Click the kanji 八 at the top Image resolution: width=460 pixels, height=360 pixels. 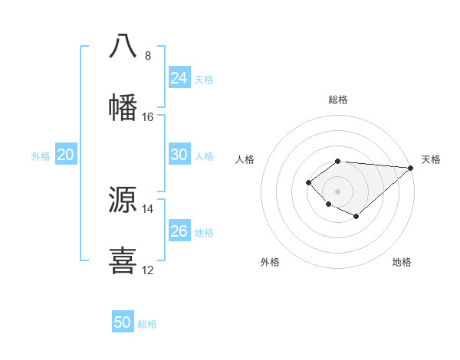point(123,45)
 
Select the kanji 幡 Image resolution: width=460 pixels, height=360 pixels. point(123,106)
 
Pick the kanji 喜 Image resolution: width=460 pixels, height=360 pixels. point(123,260)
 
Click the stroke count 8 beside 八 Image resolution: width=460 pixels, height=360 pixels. point(148,56)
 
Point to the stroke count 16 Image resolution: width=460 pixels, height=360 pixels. point(148,117)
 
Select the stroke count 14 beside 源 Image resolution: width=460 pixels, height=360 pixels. point(148,209)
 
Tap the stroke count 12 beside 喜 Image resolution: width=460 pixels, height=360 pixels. point(148,270)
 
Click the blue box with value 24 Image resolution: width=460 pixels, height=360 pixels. point(179,78)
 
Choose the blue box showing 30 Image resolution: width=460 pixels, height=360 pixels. point(179,155)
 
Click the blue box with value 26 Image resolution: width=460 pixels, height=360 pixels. point(179,231)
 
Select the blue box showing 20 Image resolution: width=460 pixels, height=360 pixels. point(65,155)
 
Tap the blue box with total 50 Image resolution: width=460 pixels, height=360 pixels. point(123,322)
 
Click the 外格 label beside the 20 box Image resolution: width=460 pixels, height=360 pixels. point(41,156)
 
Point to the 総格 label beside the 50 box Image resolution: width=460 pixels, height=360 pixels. point(147,324)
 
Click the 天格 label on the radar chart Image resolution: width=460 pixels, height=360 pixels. point(431,159)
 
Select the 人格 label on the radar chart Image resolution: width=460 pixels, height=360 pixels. point(245,159)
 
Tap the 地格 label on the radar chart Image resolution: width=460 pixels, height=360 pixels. point(402,262)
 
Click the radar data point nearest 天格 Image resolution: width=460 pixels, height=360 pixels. point(411,168)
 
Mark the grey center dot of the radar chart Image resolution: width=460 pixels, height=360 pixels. point(337,191)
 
